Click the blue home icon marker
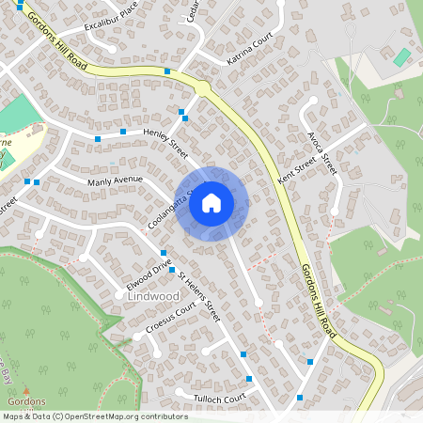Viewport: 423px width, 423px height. pos(211,202)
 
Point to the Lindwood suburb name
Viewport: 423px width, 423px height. pos(150,296)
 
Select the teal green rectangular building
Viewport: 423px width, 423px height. pos(401,57)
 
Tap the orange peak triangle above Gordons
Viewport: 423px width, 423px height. pos(26,390)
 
